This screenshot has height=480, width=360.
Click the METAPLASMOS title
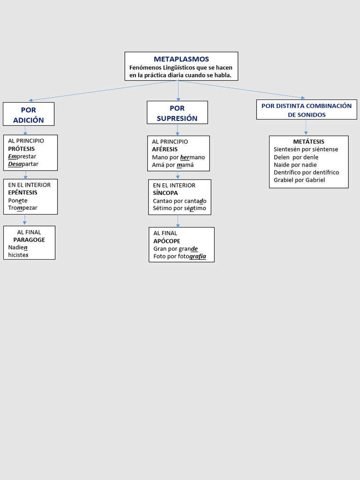(x=181, y=59)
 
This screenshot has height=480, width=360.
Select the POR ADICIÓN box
(x=29, y=114)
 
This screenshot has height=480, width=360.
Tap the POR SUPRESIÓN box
(x=177, y=113)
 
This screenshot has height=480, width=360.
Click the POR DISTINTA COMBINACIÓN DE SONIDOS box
(x=307, y=110)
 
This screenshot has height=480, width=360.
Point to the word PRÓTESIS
(x=21, y=149)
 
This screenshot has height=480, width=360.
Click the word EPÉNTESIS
(x=22, y=192)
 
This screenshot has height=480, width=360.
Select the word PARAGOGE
(x=29, y=240)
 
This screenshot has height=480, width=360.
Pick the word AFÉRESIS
(x=165, y=149)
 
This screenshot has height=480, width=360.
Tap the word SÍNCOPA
(x=165, y=193)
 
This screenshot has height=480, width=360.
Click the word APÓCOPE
(x=166, y=241)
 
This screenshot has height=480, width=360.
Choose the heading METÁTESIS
(x=308, y=142)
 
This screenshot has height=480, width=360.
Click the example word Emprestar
(x=22, y=156)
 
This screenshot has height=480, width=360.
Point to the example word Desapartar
(x=23, y=164)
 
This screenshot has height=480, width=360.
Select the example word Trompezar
(x=22, y=208)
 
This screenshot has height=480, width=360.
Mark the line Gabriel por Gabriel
(x=299, y=180)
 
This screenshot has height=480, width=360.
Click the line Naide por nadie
(x=295, y=165)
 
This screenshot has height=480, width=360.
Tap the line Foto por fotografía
(x=180, y=256)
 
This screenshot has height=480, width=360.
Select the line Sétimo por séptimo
(x=179, y=208)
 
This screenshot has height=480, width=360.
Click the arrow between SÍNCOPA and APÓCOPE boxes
(x=178, y=221)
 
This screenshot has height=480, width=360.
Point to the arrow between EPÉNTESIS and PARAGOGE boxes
(x=25, y=220)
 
